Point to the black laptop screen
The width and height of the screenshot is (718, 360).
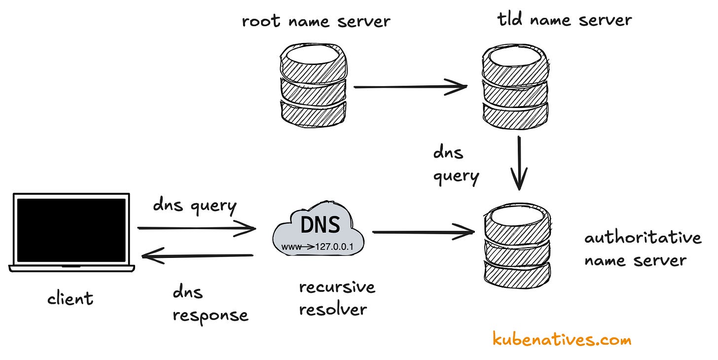[72, 230]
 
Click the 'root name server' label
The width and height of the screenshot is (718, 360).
[316, 21]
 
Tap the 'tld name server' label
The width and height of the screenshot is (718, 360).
[564, 20]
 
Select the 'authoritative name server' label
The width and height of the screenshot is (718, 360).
[642, 249]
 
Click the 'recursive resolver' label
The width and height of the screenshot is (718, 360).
[337, 298]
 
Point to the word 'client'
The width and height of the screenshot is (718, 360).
[70, 298]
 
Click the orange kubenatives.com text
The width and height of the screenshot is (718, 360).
[562, 339]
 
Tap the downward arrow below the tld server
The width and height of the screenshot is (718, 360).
[519, 163]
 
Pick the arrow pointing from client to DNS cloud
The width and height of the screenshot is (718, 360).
[196, 228]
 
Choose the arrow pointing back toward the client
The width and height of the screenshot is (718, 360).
[197, 255]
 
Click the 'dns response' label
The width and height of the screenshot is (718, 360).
[210, 304]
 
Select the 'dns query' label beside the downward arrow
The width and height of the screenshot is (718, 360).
[456, 164]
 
